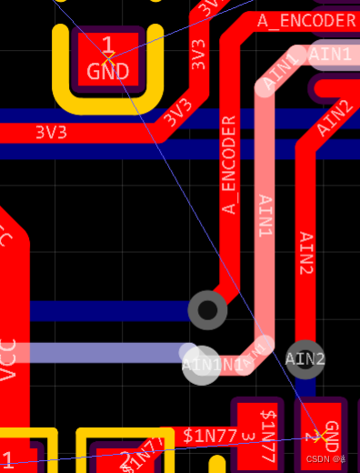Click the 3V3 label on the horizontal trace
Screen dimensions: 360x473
pyautogui.click(x=51, y=132)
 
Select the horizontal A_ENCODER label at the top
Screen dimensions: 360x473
pyautogui.click(x=306, y=20)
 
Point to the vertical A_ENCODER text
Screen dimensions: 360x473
pyautogui.click(x=229, y=165)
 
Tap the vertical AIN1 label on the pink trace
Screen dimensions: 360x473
pyautogui.click(x=265, y=216)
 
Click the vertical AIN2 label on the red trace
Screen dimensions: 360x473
pyautogui.click(x=306, y=253)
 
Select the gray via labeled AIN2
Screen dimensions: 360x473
pyautogui.click(x=305, y=358)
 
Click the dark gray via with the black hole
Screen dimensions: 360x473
pyautogui.click(x=207, y=310)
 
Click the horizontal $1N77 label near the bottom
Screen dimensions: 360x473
pyautogui.click(x=210, y=434)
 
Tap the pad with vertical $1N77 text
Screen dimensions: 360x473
pyautogui.click(x=267, y=434)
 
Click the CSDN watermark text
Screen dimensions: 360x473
pyautogui.click(x=323, y=460)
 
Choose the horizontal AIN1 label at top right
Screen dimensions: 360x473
pyautogui.click(x=331, y=55)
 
